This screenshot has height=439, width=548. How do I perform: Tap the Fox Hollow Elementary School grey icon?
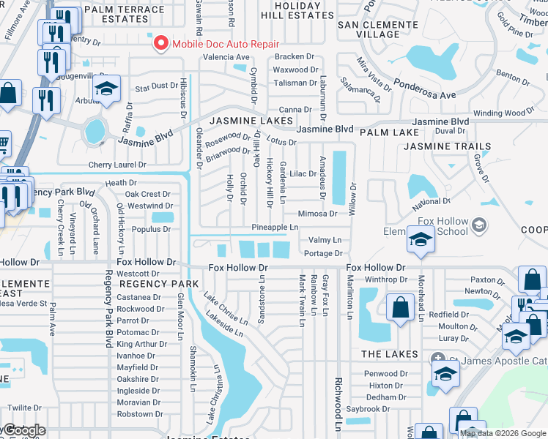coord(479,224)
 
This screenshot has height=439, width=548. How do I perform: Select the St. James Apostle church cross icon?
coord(438,359)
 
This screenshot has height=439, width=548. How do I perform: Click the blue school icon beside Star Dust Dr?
coord(108,91)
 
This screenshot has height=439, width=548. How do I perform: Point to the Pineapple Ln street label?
coord(275,228)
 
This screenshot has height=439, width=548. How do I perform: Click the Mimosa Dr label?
coord(317,214)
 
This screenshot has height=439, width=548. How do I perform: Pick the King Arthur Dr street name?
coord(138,344)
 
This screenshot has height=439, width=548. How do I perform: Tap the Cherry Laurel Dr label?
coord(117,165)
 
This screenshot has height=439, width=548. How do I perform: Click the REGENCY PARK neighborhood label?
coord(159,283)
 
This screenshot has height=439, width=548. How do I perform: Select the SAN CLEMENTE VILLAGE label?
coord(378,30)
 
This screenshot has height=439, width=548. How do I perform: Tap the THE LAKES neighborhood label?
coord(390,354)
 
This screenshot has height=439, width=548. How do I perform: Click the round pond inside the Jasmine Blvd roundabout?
coord(95,132)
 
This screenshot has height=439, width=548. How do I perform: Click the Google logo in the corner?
coord(23,430)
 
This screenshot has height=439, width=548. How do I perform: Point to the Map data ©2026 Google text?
coord(503,433)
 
